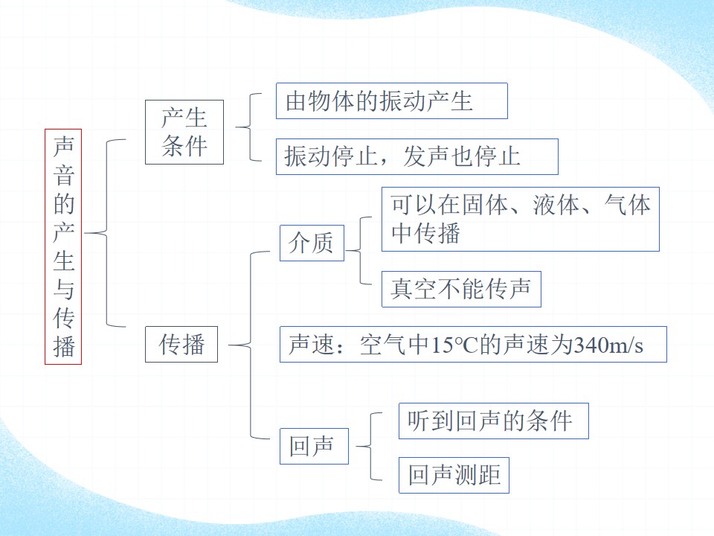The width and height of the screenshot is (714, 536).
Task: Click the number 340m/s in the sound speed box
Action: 608,345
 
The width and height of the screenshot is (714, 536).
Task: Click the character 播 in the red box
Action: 64,346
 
